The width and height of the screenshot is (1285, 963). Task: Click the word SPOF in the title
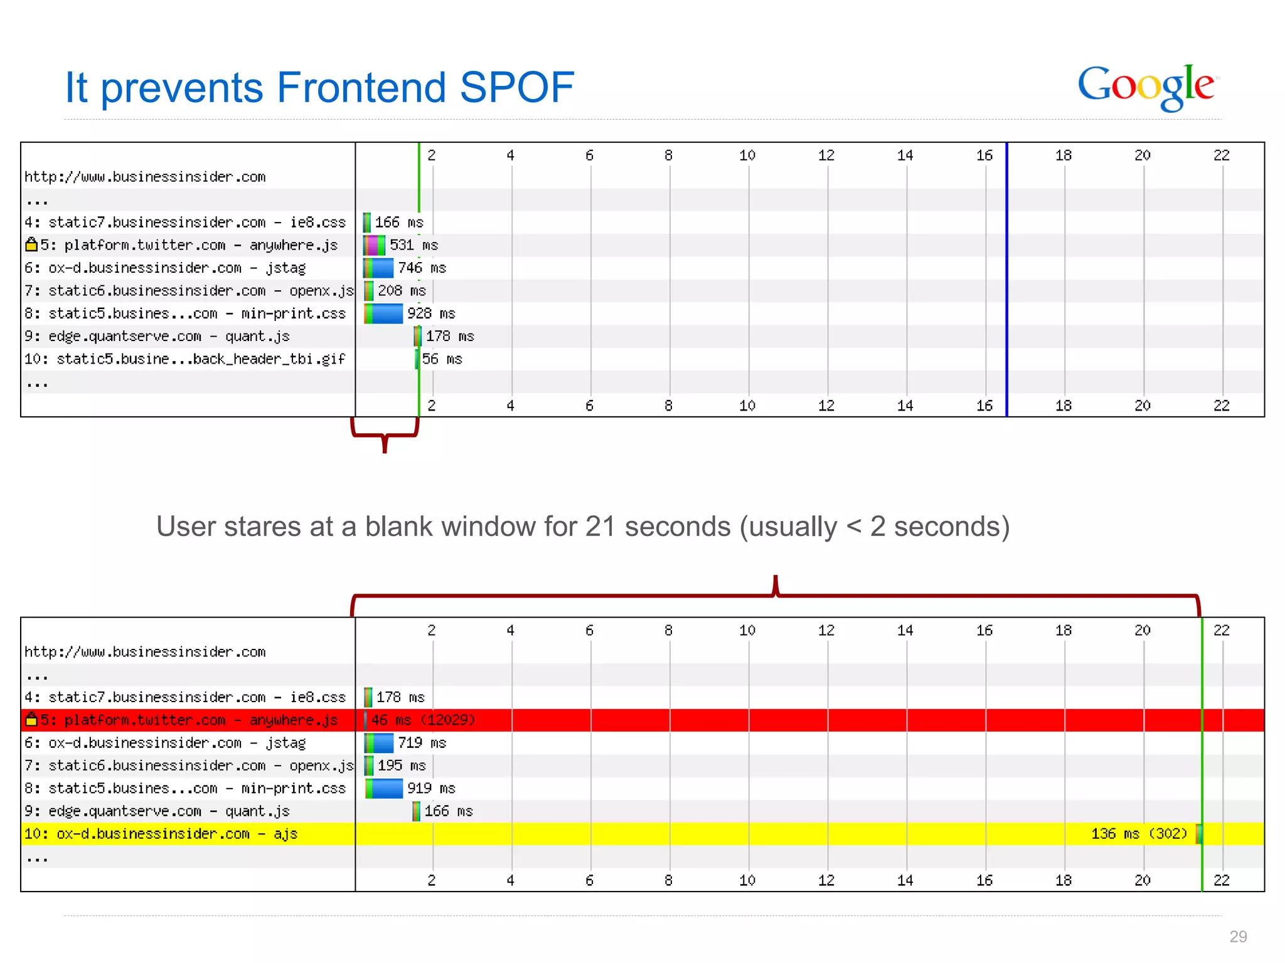[516, 87]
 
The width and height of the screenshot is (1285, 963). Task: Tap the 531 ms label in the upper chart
[413, 245]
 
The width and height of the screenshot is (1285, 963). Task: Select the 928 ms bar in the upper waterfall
[384, 313]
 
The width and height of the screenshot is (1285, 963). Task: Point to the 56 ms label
[442, 359]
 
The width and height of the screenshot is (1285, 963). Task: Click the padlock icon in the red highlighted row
[31, 720]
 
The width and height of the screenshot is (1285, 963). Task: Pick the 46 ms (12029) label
[423, 720]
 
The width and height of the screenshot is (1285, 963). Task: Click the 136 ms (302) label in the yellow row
[1139, 834]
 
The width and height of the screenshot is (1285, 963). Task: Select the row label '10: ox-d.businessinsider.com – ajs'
[161, 834]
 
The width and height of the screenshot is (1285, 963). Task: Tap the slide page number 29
[1238, 937]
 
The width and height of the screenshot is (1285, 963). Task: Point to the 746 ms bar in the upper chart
[379, 268]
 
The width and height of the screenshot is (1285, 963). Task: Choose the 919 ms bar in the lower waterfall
[384, 789]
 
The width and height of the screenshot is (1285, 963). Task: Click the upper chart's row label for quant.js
[157, 337]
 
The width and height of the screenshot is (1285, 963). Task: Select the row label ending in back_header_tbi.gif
[184, 359]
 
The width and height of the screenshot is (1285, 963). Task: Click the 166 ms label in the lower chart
[448, 811]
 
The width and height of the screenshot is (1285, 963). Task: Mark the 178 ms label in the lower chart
[400, 697]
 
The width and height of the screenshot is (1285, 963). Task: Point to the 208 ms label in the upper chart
[402, 291]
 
